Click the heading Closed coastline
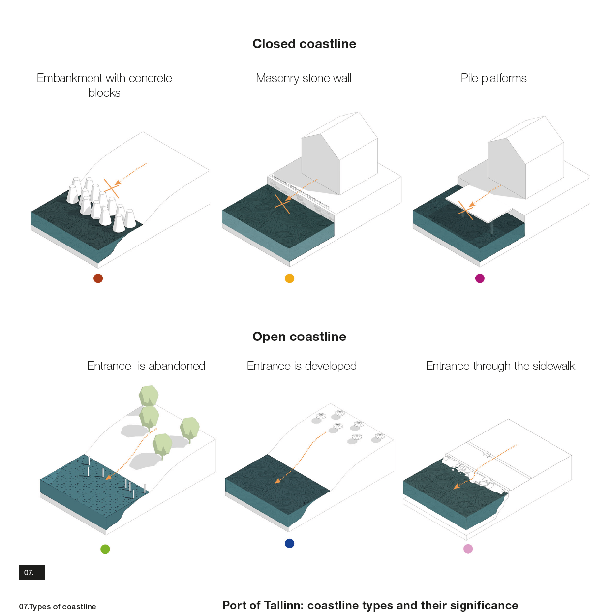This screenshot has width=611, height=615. [304, 44]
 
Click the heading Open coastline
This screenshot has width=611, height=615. [299, 337]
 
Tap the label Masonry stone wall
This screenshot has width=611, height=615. [303, 78]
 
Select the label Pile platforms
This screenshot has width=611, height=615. [493, 78]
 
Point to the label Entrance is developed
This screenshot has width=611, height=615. [302, 366]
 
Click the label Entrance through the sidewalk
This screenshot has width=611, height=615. [500, 366]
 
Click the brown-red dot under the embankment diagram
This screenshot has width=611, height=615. [98, 278]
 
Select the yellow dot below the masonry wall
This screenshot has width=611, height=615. [289, 278]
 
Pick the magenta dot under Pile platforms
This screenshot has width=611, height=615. [480, 278]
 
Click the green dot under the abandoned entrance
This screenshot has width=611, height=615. [105, 549]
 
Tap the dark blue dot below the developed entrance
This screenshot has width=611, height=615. [289, 543]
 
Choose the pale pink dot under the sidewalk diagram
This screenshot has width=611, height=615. [468, 549]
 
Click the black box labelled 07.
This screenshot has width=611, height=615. [31, 572]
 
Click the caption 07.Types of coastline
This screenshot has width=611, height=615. [58, 606]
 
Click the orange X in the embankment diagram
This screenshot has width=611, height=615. [111, 188]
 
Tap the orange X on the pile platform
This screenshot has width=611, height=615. [466, 210]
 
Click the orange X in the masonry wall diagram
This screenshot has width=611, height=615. [282, 204]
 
